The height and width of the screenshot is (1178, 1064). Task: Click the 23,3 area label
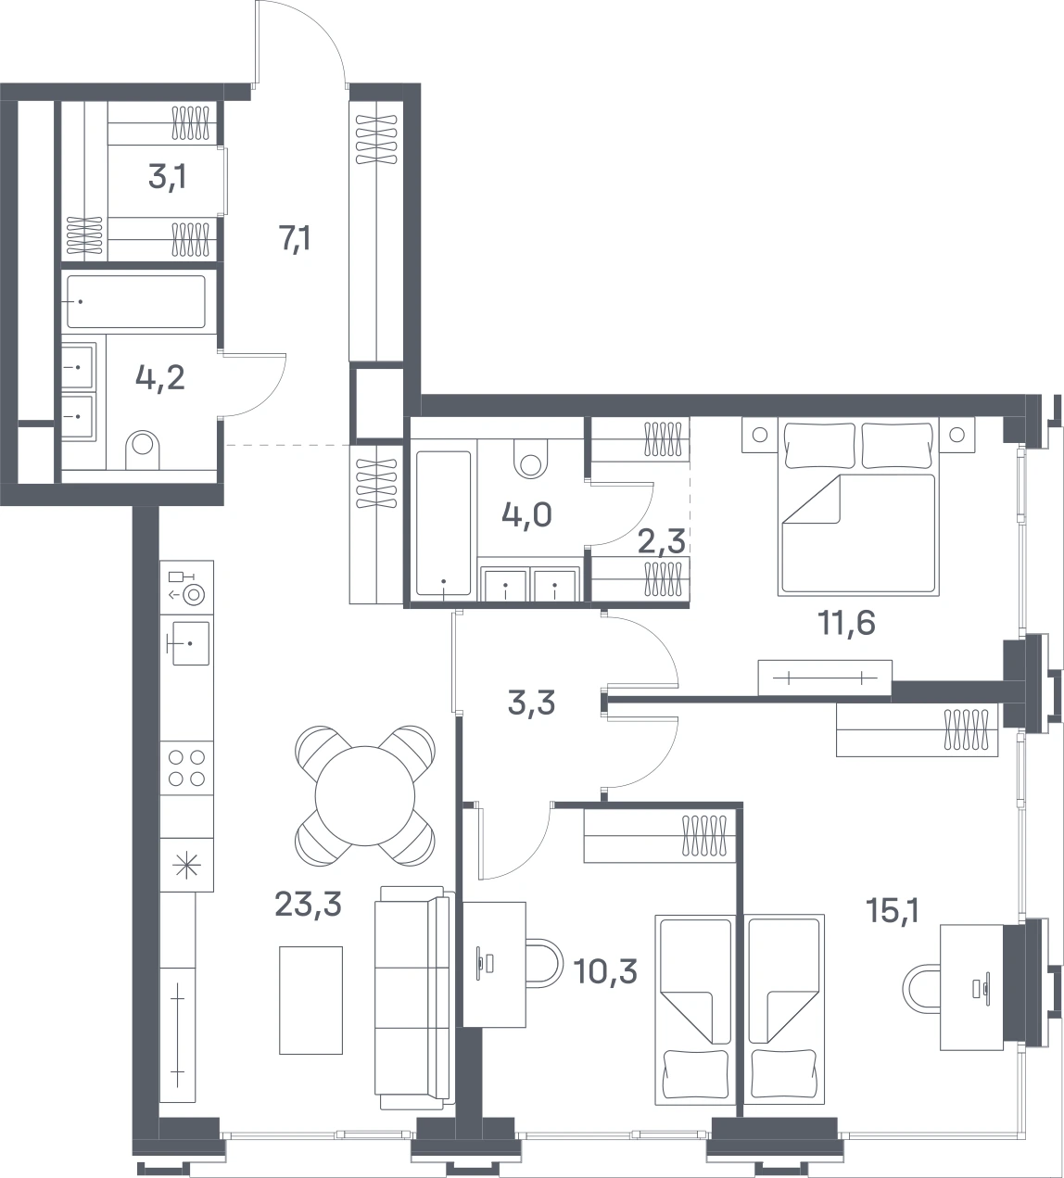(x=308, y=904)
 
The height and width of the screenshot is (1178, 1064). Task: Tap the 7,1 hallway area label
(x=295, y=238)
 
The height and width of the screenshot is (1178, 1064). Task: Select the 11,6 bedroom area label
(x=846, y=623)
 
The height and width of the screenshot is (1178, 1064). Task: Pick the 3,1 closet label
(x=168, y=177)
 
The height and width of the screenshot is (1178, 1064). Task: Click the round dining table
(x=365, y=796)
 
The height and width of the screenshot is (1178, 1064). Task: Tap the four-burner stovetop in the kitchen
(x=187, y=768)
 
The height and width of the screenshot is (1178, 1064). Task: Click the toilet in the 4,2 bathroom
(x=143, y=450)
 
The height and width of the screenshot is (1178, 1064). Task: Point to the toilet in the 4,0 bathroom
(x=531, y=458)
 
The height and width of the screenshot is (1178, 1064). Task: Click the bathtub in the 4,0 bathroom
(x=444, y=524)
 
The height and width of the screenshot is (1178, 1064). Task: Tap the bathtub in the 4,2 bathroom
(x=136, y=301)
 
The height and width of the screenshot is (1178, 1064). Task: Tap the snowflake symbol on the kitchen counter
(x=187, y=867)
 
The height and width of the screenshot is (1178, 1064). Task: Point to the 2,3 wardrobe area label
(x=662, y=541)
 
